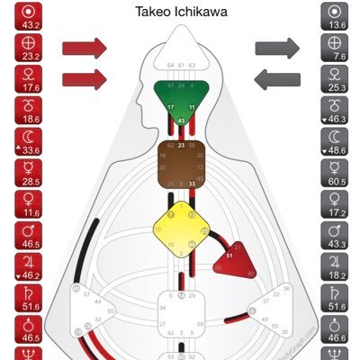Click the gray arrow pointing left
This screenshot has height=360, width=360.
click(277, 80)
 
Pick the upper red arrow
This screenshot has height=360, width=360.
click(85, 47)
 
